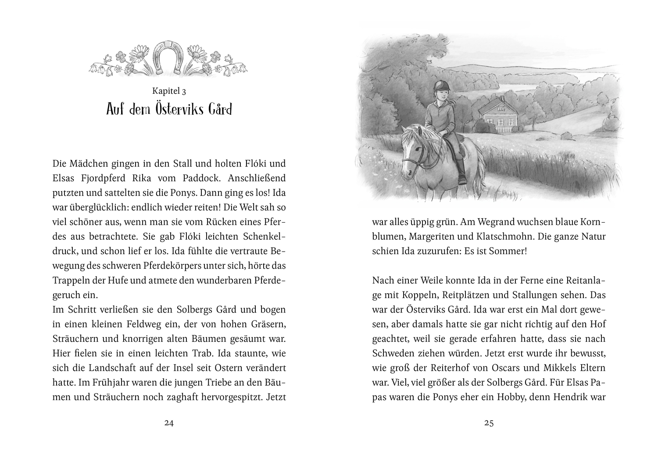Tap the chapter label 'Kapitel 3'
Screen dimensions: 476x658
pyautogui.click(x=169, y=91)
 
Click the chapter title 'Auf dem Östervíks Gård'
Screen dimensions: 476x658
pyautogui.click(x=169, y=109)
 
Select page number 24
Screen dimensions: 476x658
pyautogui.click(x=169, y=423)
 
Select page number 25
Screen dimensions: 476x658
pyautogui.click(x=489, y=423)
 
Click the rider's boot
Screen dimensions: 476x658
pyautogui.click(x=461, y=173)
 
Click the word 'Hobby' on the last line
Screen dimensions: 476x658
pyautogui.click(x=511, y=397)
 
